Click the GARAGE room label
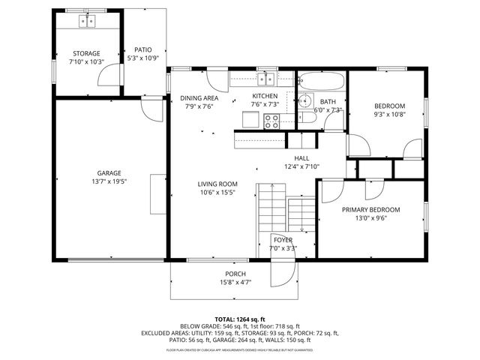tap(109, 173)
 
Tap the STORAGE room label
tap(87, 53)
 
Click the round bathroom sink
tap(306, 100)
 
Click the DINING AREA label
tap(199, 98)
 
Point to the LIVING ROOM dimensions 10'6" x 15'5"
tap(217, 193)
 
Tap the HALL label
tap(301, 158)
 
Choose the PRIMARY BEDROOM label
tap(370, 210)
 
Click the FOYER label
tap(283, 240)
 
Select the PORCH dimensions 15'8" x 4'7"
tap(235, 283)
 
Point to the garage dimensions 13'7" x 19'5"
tap(109, 181)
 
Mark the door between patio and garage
tap(154, 109)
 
